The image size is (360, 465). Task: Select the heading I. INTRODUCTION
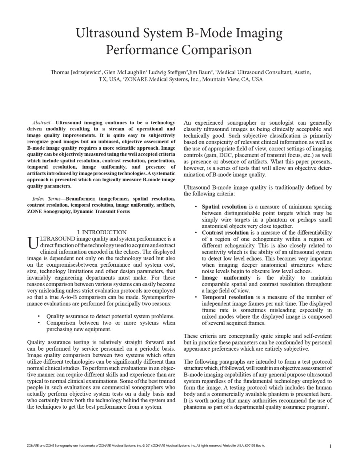(102, 232)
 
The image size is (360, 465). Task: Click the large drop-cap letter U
(33, 243)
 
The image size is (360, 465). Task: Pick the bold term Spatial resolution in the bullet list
(224, 207)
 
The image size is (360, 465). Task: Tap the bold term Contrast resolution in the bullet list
(225, 232)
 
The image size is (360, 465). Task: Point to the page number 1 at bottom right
(330, 446)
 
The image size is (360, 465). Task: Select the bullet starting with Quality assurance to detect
(110, 316)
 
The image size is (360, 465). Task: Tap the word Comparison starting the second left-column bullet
(61, 323)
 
